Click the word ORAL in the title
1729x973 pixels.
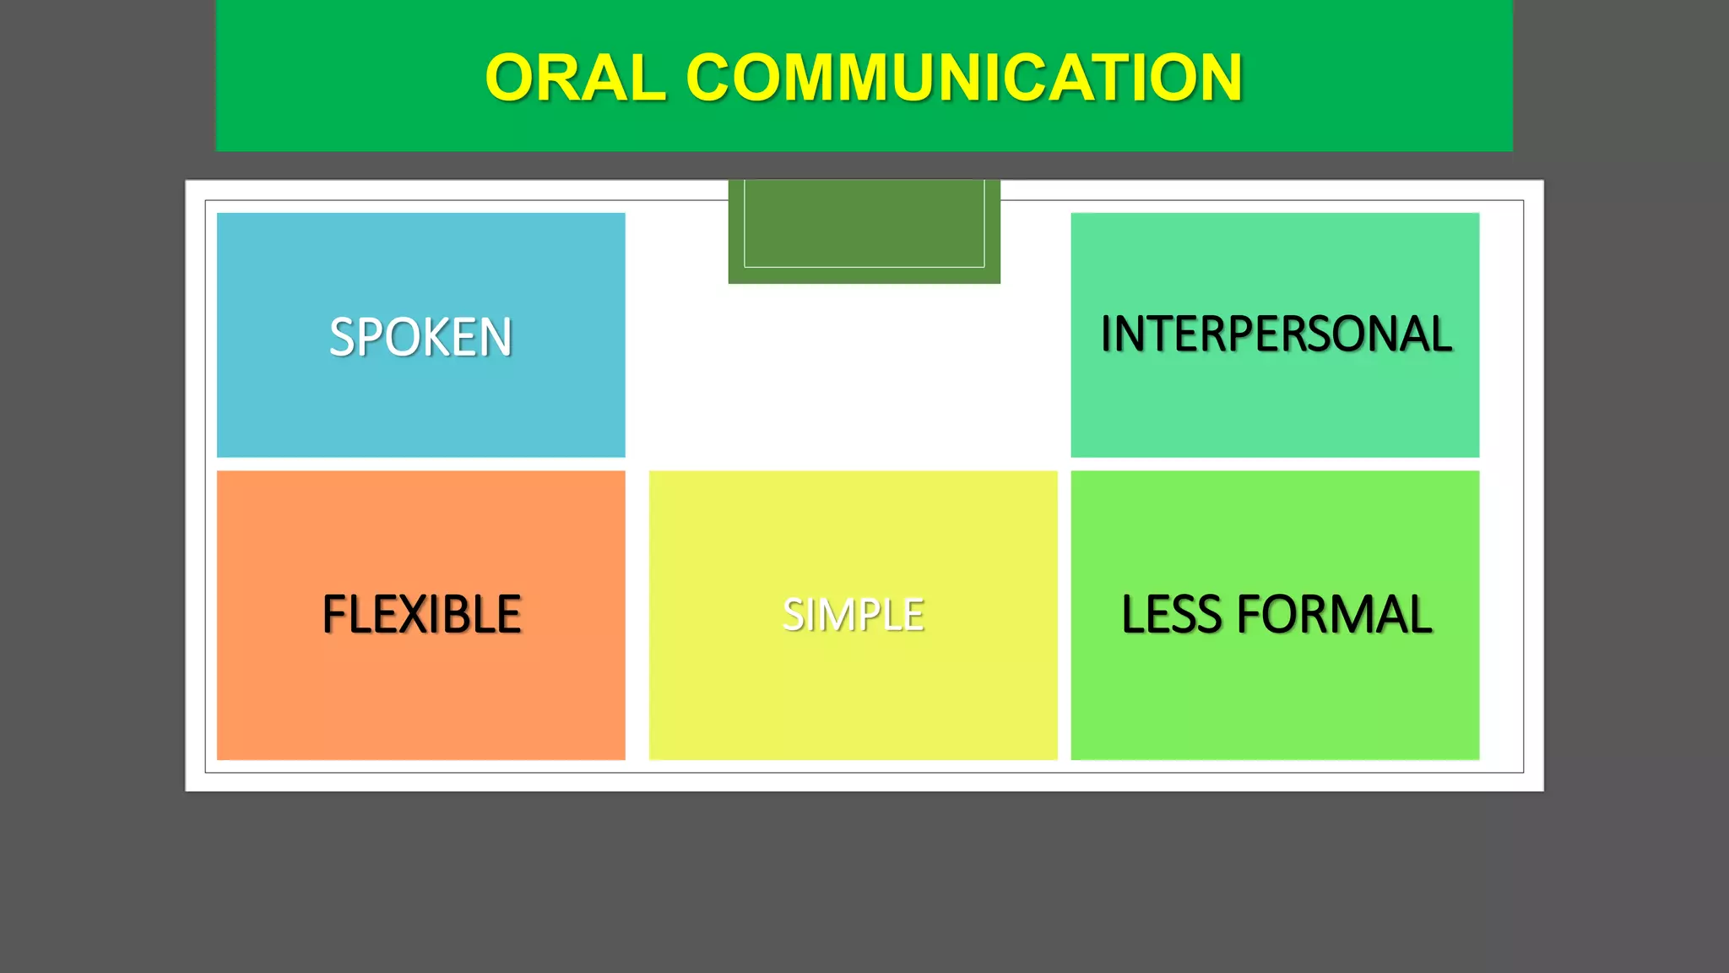pyautogui.click(x=576, y=78)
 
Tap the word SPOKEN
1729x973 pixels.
pyautogui.click(x=420, y=337)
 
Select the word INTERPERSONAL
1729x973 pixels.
pyautogui.click(x=1276, y=334)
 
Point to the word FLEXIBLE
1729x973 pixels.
pyautogui.click(x=421, y=614)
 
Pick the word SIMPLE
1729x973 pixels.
pyautogui.click(x=853, y=614)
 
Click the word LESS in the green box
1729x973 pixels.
pyautogui.click(x=1173, y=614)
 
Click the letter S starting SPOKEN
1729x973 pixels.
pyautogui.click(x=342, y=337)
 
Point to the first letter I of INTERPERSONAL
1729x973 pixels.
pyautogui.click(x=1107, y=334)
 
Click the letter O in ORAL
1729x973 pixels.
pyautogui.click(x=512, y=78)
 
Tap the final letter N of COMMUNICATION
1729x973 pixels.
pyautogui.click(x=1216, y=78)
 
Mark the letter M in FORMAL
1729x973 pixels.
pyautogui.click(x=1359, y=614)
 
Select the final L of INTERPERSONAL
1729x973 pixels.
pyautogui.click(x=1441, y=334)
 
